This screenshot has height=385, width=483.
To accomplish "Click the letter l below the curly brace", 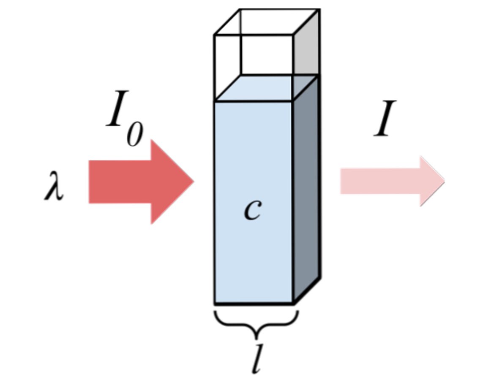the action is tap(256, 359).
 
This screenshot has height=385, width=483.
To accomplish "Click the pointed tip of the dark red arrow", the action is tap(193, 182).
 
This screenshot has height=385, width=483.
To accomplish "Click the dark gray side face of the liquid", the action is tap(306, 190).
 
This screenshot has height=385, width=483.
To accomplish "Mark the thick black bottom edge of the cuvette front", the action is tap(254, 303).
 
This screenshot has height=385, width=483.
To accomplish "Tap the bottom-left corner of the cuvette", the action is tap(215, 303).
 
